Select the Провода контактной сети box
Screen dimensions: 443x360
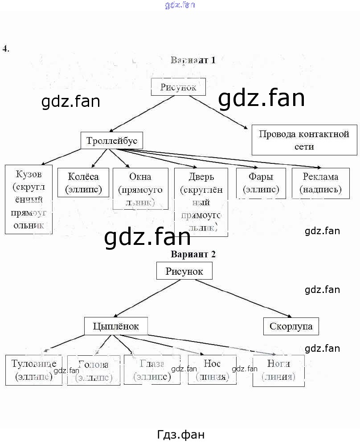[304, 140]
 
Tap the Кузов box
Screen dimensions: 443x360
[29, 199]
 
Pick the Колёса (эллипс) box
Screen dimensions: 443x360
[83, 183]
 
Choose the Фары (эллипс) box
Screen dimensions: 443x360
[261, 183]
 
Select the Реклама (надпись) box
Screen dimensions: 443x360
[320, 183]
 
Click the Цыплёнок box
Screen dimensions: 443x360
[116, 326]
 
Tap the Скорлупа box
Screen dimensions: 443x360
[291, 326]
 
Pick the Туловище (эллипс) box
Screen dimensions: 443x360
[33, 370]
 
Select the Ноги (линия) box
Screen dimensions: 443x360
[278, 370]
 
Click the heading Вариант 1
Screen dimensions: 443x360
[193, 60]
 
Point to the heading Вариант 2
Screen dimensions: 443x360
[193, 254]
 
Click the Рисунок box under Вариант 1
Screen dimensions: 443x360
[178, 87]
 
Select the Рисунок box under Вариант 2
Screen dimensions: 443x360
[184, 271]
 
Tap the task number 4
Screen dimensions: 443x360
[5, 49]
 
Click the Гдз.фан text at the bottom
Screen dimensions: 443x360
[180, 434]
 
